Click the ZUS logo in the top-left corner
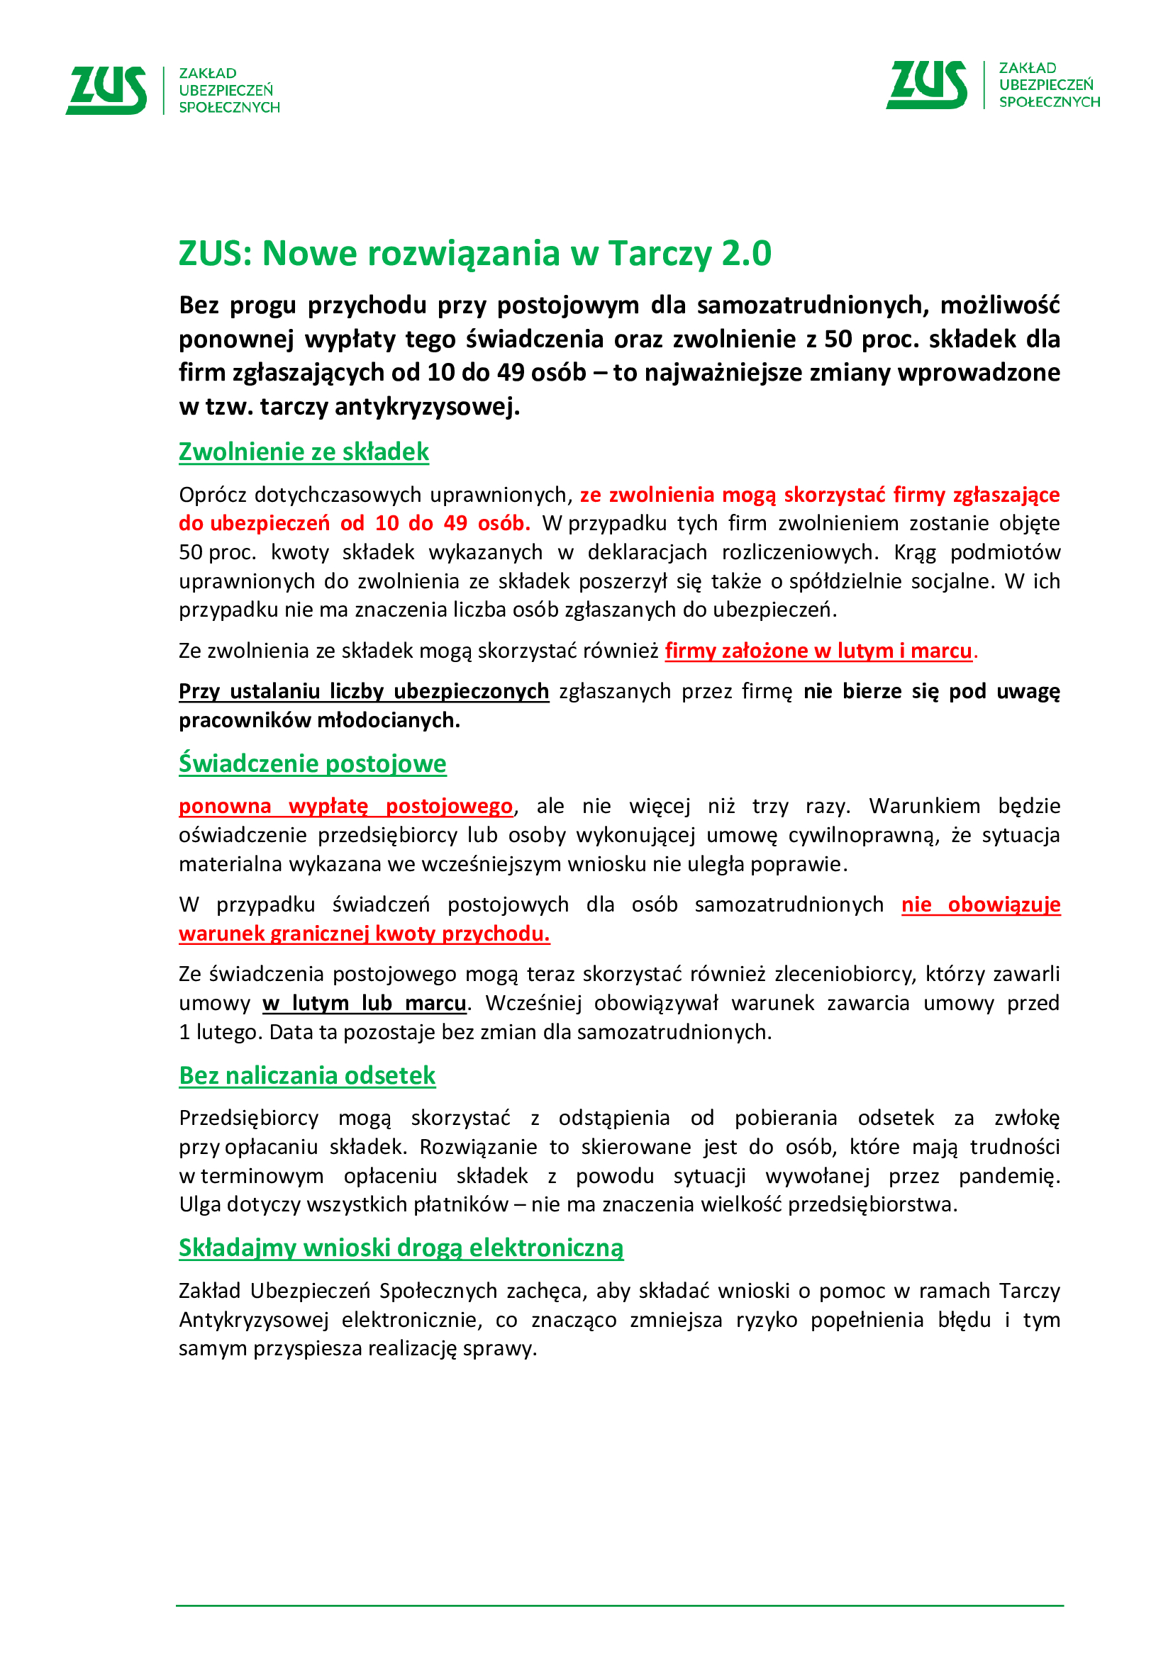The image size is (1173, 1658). (106, 90)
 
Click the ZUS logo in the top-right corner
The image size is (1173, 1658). (926, 84)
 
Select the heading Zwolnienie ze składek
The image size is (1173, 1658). (304, 452)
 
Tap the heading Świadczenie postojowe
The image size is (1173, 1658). (312, 764)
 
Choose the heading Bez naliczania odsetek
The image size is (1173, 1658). (307, 1076)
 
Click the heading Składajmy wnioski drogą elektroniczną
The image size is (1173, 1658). (401, 1248)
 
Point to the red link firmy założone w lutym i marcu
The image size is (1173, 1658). (818, 651)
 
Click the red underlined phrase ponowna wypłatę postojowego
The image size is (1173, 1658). (346, 807)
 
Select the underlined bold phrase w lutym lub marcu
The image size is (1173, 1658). (365, 1004)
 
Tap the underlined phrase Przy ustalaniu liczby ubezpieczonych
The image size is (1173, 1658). (364, 692)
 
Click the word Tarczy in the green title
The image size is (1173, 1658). (660, 254)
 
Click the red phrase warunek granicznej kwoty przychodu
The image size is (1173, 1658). (364, 934)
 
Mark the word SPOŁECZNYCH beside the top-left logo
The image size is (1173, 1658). (230, 108)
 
